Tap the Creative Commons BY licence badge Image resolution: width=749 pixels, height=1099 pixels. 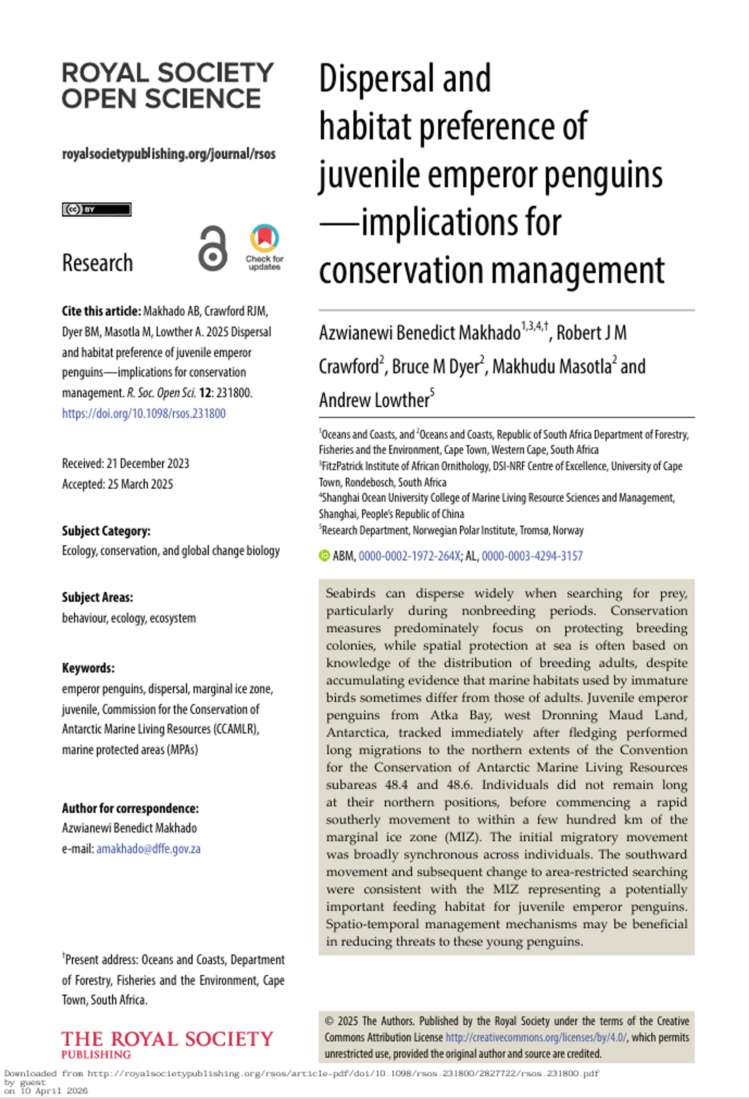(96, 209)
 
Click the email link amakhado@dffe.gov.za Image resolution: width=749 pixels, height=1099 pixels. (148, 849)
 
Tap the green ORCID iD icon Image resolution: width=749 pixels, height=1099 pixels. (324, 556)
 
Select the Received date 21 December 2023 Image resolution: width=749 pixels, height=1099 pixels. (125, 463)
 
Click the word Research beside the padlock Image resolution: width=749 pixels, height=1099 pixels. (97, 263)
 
